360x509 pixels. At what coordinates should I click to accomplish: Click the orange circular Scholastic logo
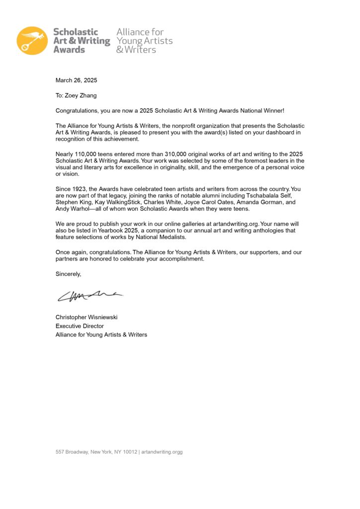click(x=32, y=40)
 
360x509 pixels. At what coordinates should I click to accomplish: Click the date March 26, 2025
click(x=76, y=80)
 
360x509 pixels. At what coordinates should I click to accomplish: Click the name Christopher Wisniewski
click(x=87, y=317)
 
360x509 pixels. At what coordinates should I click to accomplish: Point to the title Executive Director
click(x=80, y=326)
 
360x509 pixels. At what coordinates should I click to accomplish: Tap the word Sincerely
click(x=68, y=274)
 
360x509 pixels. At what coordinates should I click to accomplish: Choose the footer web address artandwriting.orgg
click(x=162, y=452)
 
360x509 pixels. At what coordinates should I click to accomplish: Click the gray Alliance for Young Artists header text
click(x=144, y=40)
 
